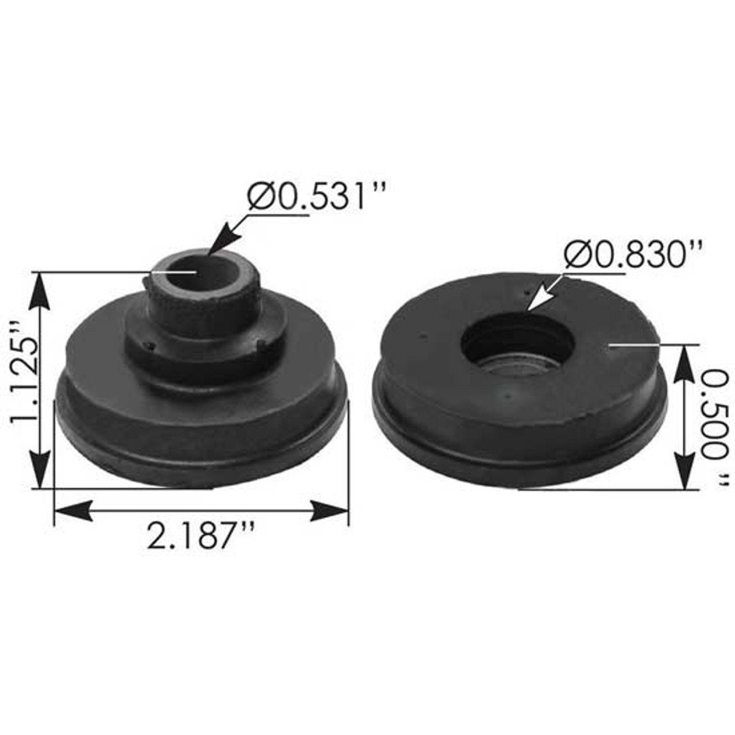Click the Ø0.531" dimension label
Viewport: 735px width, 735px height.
coord(315,197)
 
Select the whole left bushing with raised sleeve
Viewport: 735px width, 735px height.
coord(201,373)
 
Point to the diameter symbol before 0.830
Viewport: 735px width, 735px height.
coord(575,256)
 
